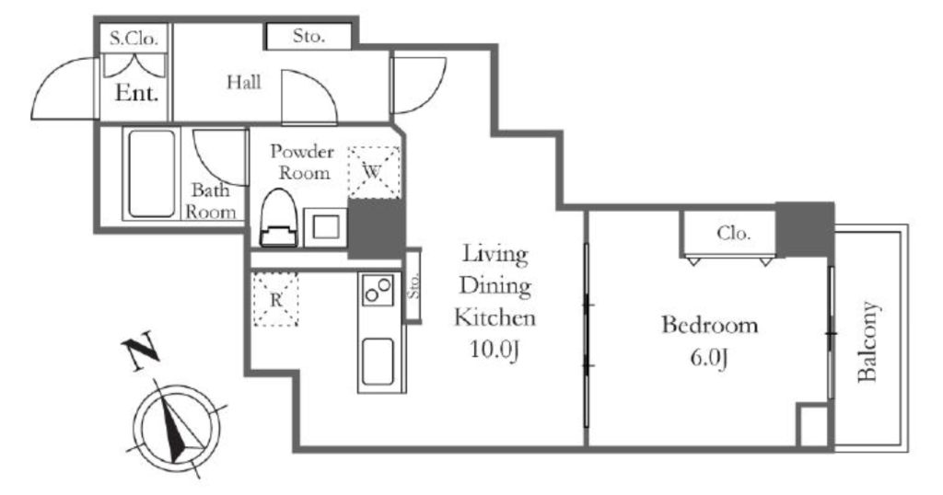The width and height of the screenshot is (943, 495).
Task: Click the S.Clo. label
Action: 134,39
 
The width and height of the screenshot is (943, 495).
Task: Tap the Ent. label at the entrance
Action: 136,93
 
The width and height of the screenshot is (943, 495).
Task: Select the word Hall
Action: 243,82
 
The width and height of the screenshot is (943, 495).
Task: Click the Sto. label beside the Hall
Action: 309,36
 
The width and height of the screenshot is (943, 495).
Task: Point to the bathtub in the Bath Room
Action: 152,174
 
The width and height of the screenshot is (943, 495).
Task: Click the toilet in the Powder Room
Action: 279,218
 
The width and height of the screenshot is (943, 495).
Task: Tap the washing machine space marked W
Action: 374,172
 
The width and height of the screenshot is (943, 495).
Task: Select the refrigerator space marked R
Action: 275,299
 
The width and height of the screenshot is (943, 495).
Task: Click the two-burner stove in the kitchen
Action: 378,289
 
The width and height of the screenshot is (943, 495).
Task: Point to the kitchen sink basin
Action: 378,362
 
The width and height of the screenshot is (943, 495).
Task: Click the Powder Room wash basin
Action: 325,227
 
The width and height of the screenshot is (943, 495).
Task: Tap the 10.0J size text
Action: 495,351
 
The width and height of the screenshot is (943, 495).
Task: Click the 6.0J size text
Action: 709,358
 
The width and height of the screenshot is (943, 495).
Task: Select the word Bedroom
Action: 710,325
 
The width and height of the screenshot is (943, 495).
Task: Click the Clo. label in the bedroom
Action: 733,233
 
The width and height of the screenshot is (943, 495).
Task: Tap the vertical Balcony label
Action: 867,342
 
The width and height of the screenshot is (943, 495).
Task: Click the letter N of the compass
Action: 140,351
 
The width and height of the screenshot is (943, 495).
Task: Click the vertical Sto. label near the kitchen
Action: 413,286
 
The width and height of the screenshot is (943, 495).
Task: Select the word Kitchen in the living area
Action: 495,317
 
